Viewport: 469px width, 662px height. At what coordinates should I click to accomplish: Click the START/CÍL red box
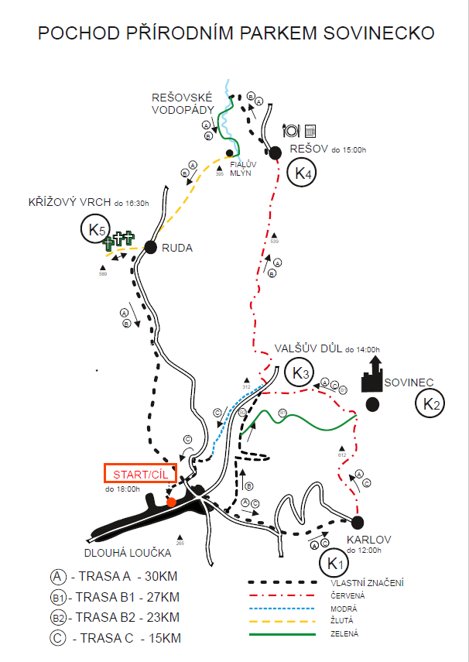pos(139,473)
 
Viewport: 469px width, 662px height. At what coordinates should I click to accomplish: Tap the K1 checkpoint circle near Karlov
pos(334,562)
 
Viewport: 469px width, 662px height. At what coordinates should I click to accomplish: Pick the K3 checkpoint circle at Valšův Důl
pos(300,374)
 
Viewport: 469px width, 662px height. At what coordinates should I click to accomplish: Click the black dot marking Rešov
pos(275,152)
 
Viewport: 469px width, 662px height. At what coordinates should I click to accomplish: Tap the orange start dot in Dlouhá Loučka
pos(171,502)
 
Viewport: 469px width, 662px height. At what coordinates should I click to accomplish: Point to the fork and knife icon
pos(293,129)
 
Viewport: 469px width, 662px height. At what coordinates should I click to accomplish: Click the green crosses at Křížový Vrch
pos(118,241)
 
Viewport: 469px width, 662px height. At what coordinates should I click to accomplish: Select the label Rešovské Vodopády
pos(183,104)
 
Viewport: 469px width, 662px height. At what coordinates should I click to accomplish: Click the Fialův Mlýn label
pos(241,168)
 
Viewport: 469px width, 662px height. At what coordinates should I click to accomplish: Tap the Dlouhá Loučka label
pos(128,553)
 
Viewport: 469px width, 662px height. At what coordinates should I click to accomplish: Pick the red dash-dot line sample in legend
pos(283,595)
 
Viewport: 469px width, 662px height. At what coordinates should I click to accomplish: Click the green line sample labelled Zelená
pos(283,634)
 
